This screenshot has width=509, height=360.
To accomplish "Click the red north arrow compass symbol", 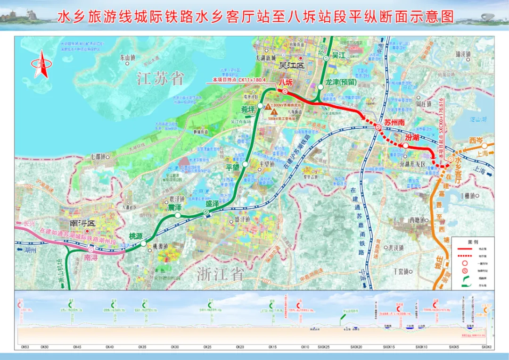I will coord(41,64).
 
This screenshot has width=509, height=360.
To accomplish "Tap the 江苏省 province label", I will coord(160,78).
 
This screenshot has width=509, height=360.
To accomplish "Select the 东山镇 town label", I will coord(128,58).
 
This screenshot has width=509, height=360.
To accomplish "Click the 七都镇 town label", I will coord(99,156).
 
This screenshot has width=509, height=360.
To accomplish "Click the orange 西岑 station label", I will coord(476,140).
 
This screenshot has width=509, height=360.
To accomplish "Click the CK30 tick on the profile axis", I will coord(175,347).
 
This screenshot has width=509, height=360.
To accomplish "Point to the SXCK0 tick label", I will coord(486,347).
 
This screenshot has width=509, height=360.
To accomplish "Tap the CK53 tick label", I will coord(25,347).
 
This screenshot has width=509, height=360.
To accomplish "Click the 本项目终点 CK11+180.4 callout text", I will coord(239,80).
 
